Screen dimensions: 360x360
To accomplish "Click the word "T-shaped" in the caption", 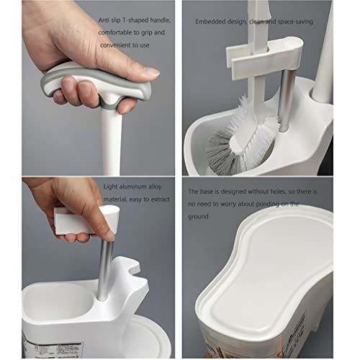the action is click(135, 20).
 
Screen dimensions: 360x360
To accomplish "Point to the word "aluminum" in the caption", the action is click(132, 186).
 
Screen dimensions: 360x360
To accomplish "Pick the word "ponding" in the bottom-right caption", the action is click(267, 204).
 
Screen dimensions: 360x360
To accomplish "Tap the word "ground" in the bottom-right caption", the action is click(198, 217).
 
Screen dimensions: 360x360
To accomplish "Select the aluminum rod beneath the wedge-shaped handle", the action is click(106, 269).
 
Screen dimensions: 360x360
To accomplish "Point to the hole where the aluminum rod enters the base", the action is click(103, 299).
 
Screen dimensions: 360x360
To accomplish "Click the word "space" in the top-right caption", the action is click(286, 22).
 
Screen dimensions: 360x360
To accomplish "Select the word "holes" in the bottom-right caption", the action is click(278, 192).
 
